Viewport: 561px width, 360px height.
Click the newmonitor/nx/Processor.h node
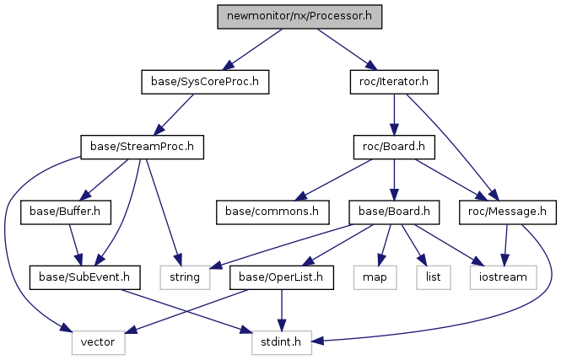299,17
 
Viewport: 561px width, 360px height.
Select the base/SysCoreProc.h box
205,82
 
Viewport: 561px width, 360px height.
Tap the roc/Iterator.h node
394,82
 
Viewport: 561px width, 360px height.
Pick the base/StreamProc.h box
142,147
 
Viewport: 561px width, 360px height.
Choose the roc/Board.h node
394,147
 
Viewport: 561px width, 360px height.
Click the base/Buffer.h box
66,212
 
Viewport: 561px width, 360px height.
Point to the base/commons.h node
272,212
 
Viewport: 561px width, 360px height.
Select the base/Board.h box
394,212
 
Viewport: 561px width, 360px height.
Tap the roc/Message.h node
508,212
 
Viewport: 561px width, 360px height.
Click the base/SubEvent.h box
85,277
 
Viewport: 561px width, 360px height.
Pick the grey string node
185,277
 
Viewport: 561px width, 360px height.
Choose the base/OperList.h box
282,277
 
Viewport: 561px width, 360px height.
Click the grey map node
375,277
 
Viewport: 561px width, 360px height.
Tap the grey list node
434,277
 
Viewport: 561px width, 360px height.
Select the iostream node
504,277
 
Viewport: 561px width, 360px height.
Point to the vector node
99,342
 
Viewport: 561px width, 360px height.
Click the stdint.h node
282,342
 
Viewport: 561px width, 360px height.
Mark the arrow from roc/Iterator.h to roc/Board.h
394,115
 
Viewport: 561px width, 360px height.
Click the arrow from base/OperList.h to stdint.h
282,310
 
